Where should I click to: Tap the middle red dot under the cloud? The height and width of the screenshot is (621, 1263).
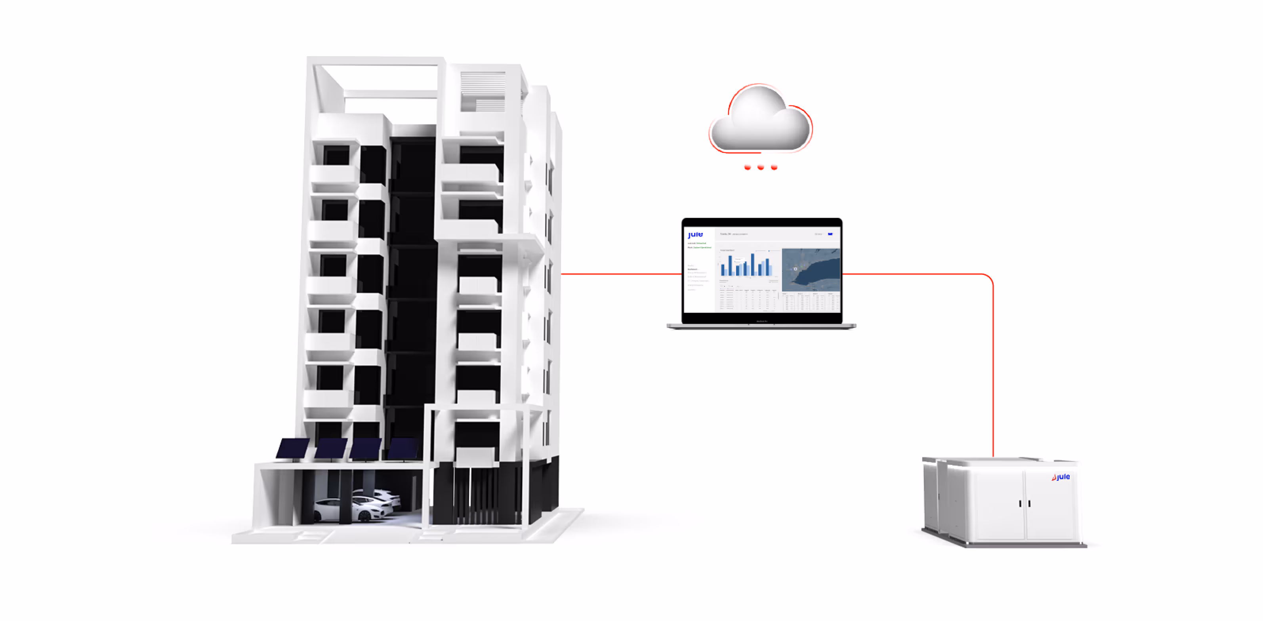pos(760,168)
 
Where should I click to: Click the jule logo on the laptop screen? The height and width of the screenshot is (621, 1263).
pos(695,235)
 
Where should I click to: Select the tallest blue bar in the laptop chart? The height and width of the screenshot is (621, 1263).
pos(753,264)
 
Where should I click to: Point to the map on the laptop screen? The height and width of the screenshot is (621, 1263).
pos(811,270)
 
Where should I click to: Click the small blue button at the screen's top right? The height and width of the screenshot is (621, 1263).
pos(830,234)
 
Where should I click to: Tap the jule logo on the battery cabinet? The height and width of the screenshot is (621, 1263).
pos(1061,477)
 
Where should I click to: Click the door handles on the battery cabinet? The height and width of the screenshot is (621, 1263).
pos(1025,503)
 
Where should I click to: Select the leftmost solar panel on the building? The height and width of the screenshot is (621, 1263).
pos(293,448)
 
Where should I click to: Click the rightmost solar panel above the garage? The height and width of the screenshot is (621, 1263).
pos(403,448)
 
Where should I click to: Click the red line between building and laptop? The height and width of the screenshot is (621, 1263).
pos(620,274)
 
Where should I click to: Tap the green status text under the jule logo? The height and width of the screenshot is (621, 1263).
pos(697,243)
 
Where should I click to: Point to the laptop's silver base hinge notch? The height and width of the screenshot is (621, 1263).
pos(761,324)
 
